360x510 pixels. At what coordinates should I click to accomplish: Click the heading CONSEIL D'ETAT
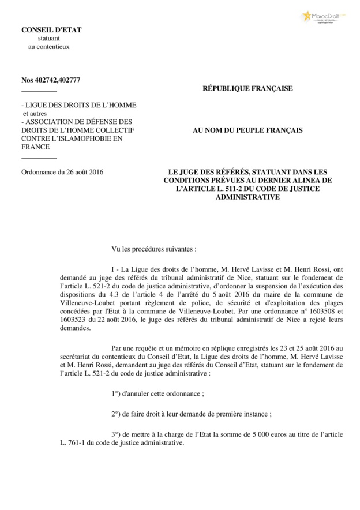click(x=48, y=30)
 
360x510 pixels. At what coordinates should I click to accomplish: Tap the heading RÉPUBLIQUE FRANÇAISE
click(x=247, y=88)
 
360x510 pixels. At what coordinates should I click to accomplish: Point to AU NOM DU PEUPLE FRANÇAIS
click(x=247, y=130)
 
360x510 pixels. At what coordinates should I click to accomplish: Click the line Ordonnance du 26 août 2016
click(x=62, y=172)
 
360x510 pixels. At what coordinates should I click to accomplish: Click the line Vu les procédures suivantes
click(x=154, y=250)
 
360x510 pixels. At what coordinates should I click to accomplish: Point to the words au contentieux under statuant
click(x=49, y=46)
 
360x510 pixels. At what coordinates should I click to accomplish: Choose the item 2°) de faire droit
click(x=191, y=414)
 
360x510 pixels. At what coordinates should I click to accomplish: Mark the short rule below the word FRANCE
click(x=39, y=157)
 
